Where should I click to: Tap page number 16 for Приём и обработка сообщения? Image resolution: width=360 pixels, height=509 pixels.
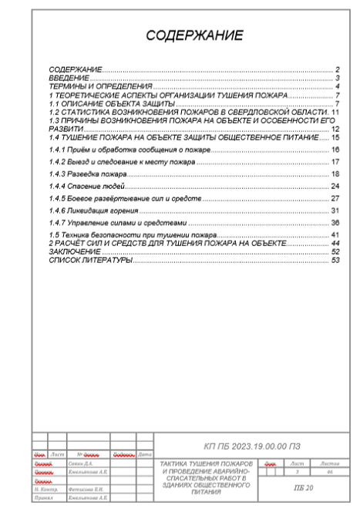[335, 148]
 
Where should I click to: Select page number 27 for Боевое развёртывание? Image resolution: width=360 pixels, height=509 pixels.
[335, 199]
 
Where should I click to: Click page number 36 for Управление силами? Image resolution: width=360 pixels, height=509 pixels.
[335, 223]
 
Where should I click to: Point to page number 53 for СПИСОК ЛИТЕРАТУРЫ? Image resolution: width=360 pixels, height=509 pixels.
[335, 260]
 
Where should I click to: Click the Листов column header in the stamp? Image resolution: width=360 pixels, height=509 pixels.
[329, 462]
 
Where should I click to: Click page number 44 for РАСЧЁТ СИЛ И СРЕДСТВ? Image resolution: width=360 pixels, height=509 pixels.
[335, 243]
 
